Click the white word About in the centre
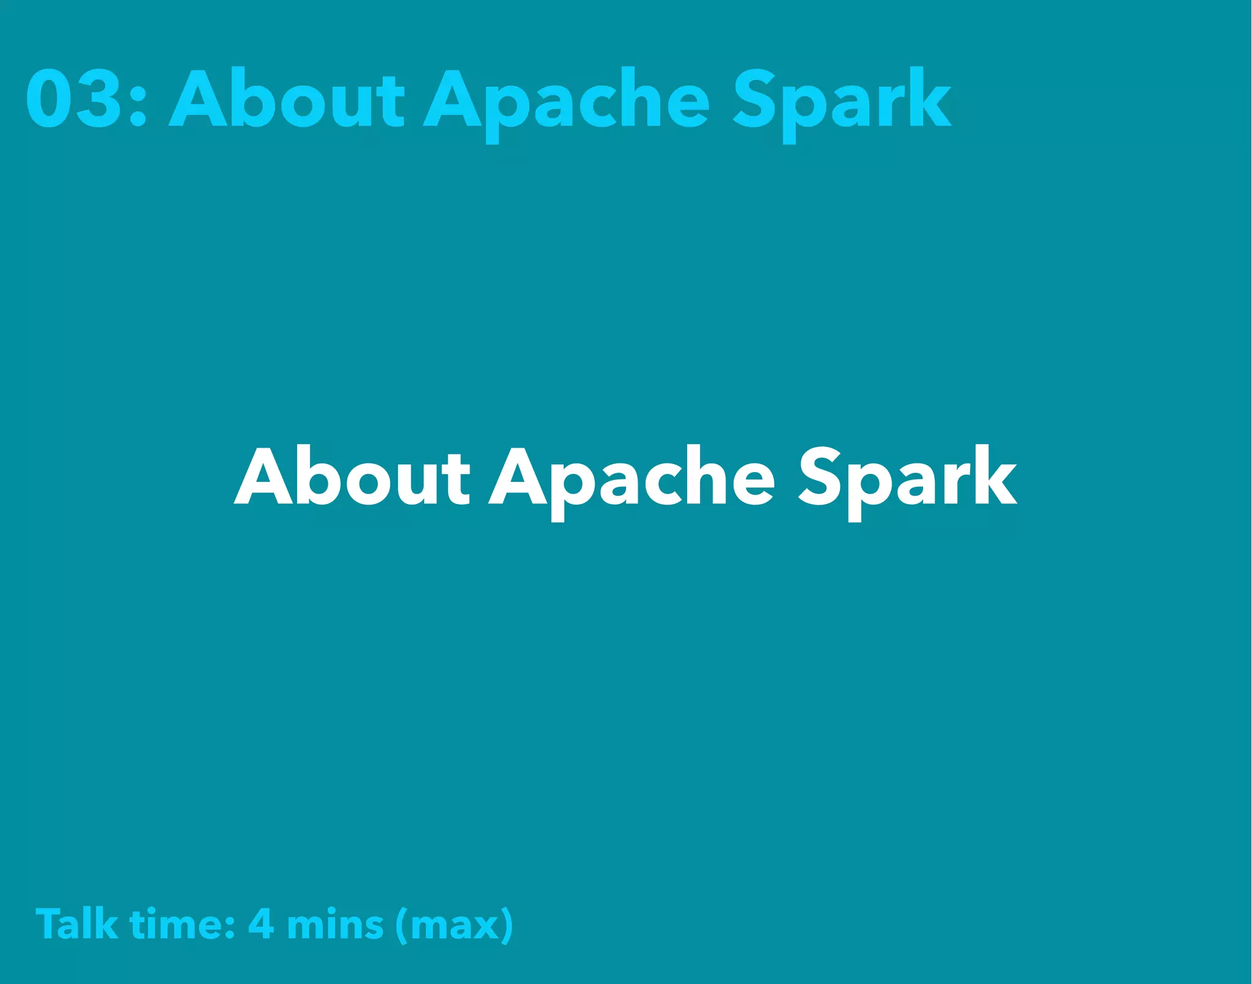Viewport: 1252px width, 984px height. pyautogui.click(x=352, y=477)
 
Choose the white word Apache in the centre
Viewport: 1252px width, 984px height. pyautogui.click(x=632, y=481)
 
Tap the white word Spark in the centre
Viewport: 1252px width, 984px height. pyautogui.click(x=908, y=481)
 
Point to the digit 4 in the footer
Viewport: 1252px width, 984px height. pyautogui.click(x=261, y=923)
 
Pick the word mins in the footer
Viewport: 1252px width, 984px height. pyautogui.click(x=335, y=925)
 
